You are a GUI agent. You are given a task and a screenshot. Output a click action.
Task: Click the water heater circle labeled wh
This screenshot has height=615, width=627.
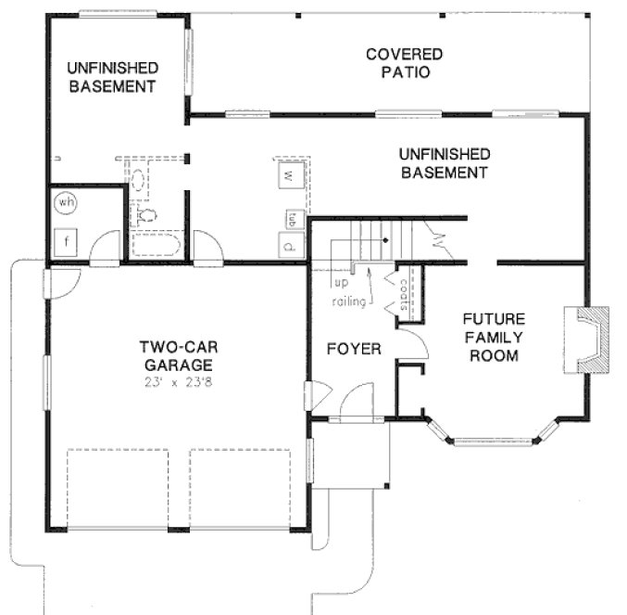[x=65, y=202]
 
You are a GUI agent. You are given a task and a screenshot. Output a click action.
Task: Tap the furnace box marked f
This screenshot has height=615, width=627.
[x=67, y=244]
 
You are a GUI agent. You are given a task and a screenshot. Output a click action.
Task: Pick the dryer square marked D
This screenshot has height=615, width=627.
[x=289, y=247]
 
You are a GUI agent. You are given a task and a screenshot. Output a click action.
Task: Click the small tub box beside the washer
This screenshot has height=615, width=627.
[x=291, y=219]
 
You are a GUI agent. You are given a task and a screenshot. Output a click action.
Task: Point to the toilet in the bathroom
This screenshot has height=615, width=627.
[x=146, y=215]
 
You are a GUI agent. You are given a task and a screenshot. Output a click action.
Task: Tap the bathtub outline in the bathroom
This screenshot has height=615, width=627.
[x=157, y=245]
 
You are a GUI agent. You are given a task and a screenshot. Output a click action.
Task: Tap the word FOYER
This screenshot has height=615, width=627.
[x=355, y=349]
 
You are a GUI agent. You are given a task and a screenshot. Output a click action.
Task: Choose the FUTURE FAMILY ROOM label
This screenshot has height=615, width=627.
[x=493, y=338]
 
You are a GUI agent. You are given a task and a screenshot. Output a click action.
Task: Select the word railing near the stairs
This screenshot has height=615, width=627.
[x=351, y=302]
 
